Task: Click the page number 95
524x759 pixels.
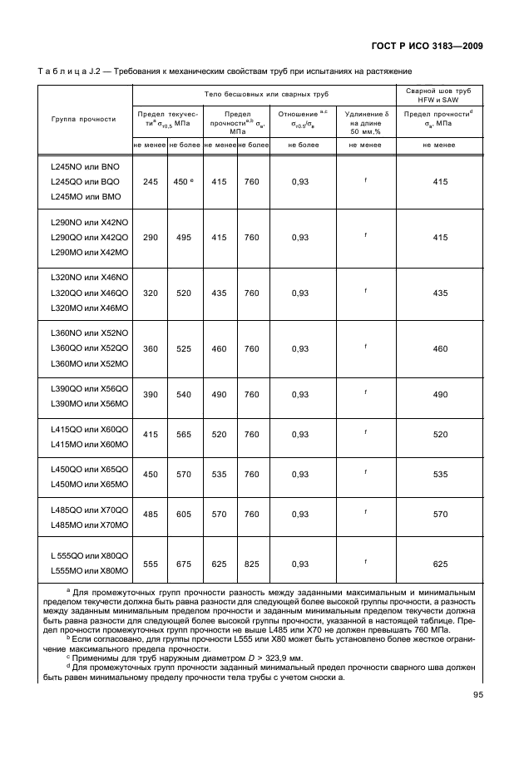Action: (x=477, y=695)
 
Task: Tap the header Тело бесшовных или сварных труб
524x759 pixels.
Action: (x=263, y=94)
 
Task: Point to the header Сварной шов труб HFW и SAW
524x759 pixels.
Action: (x=439, y=94)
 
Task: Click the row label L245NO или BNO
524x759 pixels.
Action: (x=86, y=165)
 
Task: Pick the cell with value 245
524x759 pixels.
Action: (x=151, y=181)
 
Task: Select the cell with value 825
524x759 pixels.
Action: (x=252, y=564)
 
